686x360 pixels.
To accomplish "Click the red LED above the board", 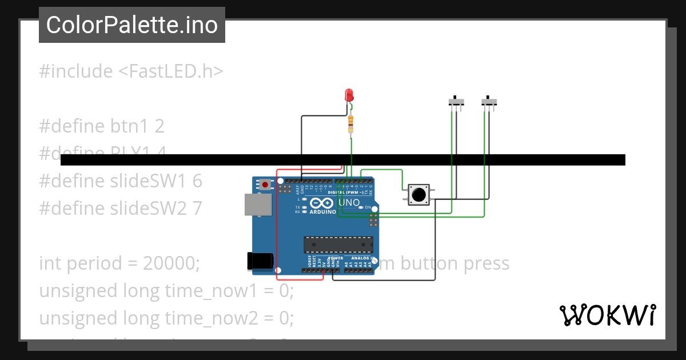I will pyautogui.click(x=349, y=95).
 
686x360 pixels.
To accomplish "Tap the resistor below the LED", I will pyautogui.click(x=350, y=123).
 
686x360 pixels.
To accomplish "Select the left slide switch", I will pyautogui.click(x=456, y=102).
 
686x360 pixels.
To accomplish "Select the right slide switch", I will pyautogui.click(x=489, y=102).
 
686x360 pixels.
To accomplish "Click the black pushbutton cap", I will pyautogui.click(x=418, y=195).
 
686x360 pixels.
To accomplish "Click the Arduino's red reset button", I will pyautogui.click(x=265, y=185).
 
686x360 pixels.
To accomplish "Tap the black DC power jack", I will pyautogui.click(x=258, y=261).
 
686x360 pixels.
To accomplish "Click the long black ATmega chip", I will pyautogui.click(x=338, y=244).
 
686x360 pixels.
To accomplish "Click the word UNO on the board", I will pyautogui.click(x=349, y=203).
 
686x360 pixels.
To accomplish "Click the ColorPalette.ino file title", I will pyautogui.click(x=132, y=25).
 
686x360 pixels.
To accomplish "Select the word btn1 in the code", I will pyautogui.click(x=127, y=125).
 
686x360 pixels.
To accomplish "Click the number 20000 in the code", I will pyautogui.click(x=171, y=263).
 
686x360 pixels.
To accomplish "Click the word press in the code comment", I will pyautogui.click(x=485, y=263).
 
